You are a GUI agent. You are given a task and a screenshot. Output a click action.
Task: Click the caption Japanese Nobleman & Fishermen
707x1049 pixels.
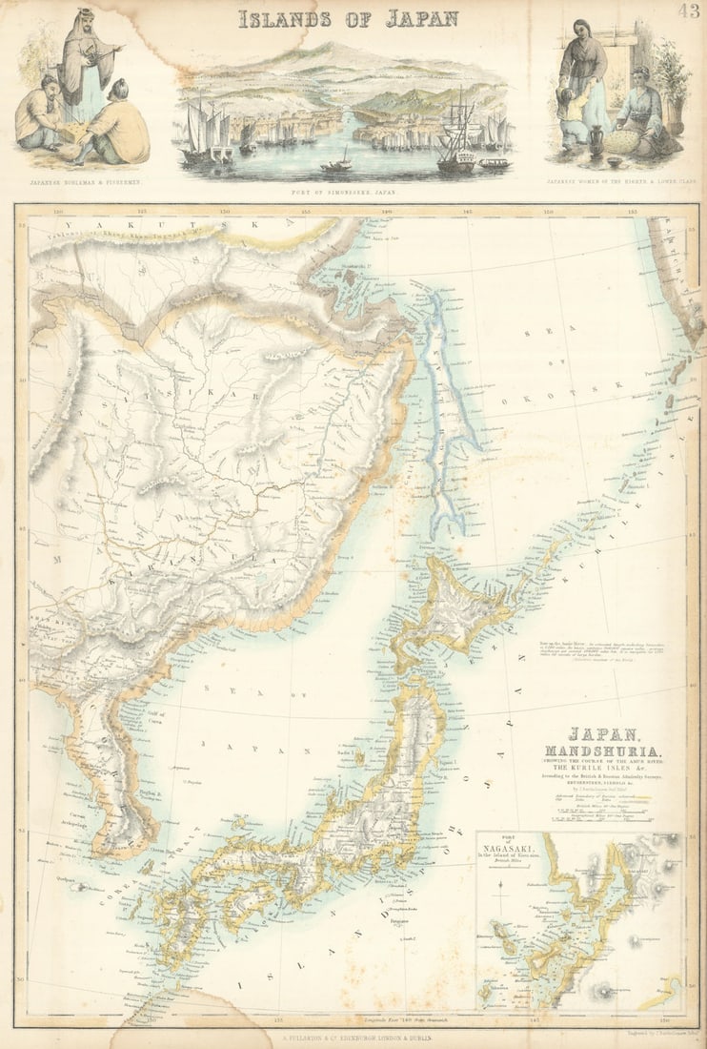[77, 179]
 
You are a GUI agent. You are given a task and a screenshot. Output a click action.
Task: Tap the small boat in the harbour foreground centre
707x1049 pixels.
[334, 164]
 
